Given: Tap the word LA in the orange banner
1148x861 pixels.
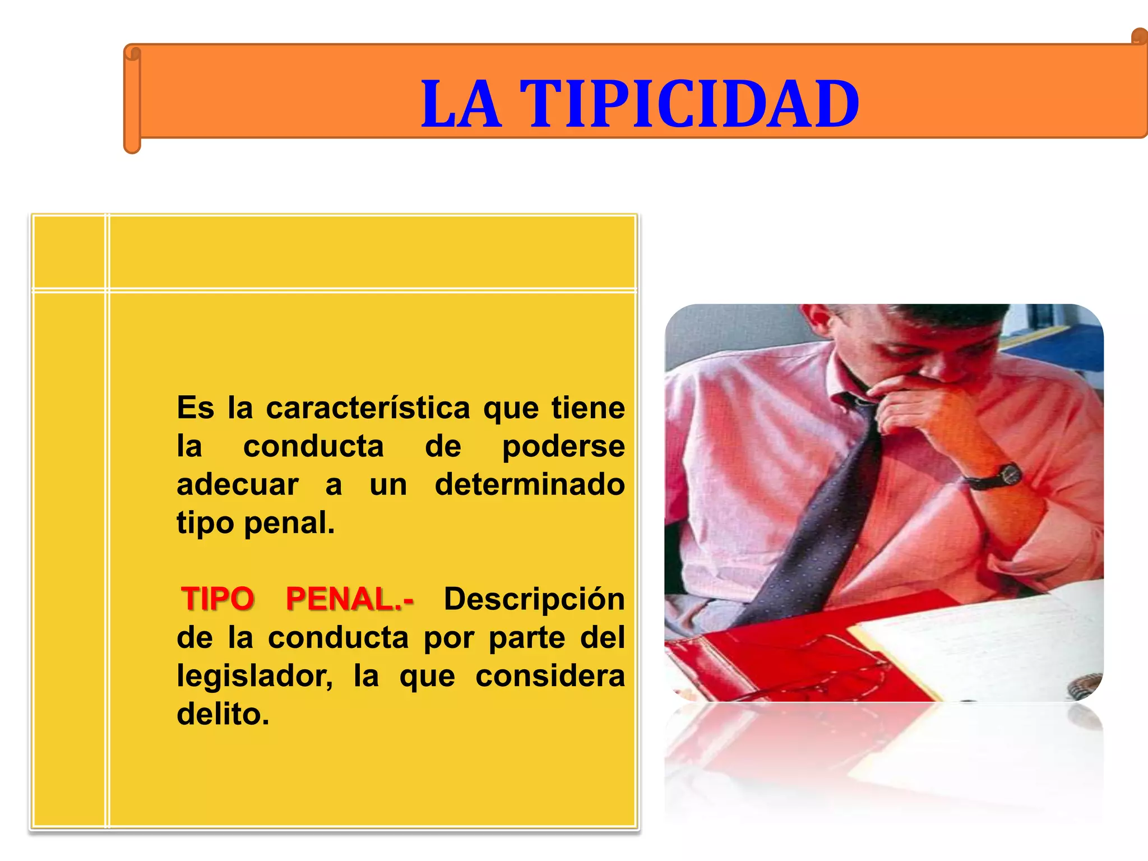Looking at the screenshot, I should (x=461, y=104).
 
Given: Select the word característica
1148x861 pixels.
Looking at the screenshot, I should (x=368, y=408).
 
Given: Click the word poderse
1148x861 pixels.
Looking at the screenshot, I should (x=563, y=447).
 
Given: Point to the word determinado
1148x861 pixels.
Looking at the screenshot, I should (x=529, y=484).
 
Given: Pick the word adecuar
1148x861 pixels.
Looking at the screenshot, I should (x=238, y=484).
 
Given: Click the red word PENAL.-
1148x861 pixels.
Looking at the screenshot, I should (x=350, y=599).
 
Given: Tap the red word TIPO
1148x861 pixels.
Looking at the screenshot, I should (x=218, y=599).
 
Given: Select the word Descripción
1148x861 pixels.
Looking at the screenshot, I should (x=534, y=599).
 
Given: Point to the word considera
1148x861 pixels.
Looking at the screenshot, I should (x=549, y=676).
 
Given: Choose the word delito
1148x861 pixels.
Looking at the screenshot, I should (x=223, y=714).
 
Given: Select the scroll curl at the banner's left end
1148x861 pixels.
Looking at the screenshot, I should (x=132, y=54).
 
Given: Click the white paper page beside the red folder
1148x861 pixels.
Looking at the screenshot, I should (x=981, y=645).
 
